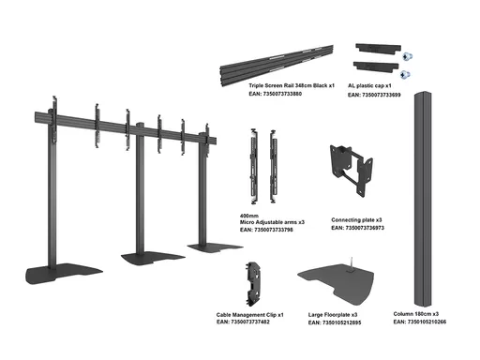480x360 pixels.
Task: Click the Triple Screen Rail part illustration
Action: click(x=277, y=64)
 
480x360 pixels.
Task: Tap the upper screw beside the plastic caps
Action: click(x=407, y=56)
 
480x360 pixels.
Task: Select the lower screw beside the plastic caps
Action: click(x=405, y=74)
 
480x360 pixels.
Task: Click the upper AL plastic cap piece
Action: click(x=378, y=49)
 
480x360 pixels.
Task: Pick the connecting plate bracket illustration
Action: click(x=352, y=170)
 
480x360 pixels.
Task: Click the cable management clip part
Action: click(x=254, y=284)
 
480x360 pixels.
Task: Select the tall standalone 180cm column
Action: click(x=423, y=199)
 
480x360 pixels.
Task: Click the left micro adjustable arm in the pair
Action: click(x=254, y=166)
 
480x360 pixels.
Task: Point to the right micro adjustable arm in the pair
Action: click(x=273, y=166)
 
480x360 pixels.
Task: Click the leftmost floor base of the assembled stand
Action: click(x=64, y=274)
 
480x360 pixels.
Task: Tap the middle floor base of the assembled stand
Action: click(x=153, y=258)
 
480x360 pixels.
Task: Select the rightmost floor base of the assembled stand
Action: click(x=215, y=247)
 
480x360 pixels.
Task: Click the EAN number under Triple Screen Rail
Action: click(x=276, y=94)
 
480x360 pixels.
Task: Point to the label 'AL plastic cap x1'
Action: click(x=369, y=86)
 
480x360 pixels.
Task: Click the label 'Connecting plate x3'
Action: click(x=356, y=220)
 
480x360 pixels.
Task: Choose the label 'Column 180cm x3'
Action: click(x=416, y=314)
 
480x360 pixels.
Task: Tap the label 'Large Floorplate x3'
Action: click(x=333, y=315)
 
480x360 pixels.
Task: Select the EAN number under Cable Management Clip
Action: click(x=243, y=322)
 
